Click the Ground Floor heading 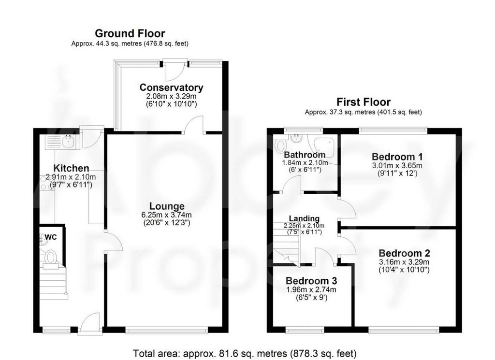click(130, 33)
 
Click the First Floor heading click(364, 102)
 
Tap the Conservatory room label click(171, 87)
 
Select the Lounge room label click(167, 206)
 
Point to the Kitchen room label click(71, 168)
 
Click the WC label click(51, 237)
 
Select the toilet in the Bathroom click(280, 146)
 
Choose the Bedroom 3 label click(311, 280)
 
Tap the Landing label click(305, 218)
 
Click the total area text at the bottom click(245, 353)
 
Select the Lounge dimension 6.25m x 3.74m click(167, 215)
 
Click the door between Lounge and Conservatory click(194, 125)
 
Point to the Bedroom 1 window click(393, 129)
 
